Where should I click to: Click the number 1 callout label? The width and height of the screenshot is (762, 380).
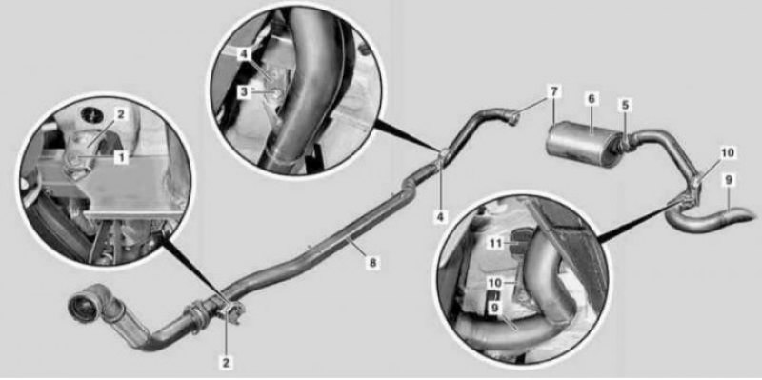[x=121, y=157]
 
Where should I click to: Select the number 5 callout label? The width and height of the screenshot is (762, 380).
[x=625, y=104]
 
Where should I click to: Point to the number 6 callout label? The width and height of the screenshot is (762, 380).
[x=591, y=99]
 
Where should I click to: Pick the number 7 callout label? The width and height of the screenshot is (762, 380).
[x=555, y=91]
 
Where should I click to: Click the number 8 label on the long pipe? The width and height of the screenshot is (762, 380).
[x=371, y=263]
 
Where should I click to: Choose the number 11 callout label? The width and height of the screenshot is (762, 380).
[x=495, y=243]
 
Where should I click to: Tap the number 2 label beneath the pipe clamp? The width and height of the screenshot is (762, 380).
[x=226, y=362]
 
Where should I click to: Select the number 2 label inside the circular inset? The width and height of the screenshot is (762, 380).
[x=121, y=114]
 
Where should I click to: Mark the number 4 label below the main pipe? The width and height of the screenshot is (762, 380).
[x=440, y=216]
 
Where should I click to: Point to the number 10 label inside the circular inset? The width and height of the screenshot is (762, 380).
[x=495, y=282]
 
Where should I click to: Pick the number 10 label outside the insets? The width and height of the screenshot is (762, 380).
[x=728, y=153]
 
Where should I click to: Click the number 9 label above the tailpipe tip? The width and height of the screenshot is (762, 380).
[x=728, y=180]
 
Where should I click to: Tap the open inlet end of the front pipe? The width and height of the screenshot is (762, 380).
[x=84, y=306]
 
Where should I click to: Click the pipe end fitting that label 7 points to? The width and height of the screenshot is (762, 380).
[x=512, y=117]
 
